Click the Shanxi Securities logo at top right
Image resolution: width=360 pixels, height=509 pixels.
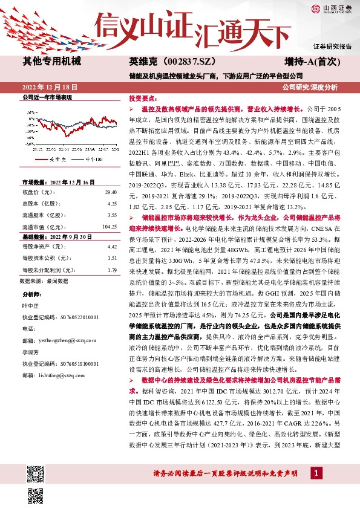pyautogui.click(x=333, y=8)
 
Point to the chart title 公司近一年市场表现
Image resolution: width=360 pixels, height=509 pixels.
pyautogui.click(x=47, y=97)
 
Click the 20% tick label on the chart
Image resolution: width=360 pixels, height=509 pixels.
pyautogui.click(x=30, y=120)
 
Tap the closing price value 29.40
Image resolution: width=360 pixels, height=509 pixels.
pyautogui.click(x=111, y=192)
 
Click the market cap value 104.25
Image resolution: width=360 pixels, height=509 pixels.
pyautogui.click(x=110, y=226)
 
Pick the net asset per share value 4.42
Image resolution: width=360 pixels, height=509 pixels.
pyautogui.click(x=111, y=247)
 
